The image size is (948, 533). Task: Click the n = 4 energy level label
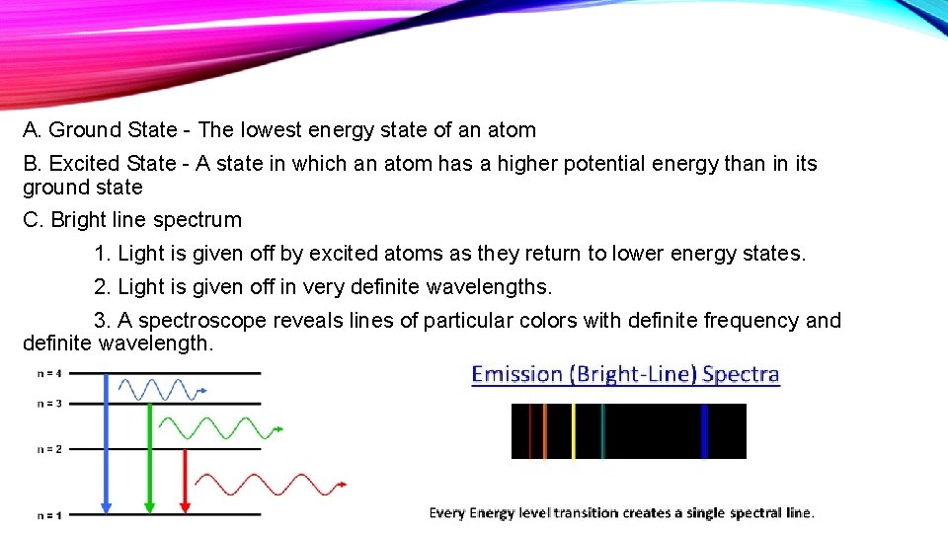tap(48, 373)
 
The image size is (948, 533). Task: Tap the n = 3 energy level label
tap(48, 403)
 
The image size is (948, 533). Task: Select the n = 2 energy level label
tap(48, 449)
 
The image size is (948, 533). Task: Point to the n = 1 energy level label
tap(48, 514)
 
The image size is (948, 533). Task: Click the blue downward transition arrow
tap(106, 444)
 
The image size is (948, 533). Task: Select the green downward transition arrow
tap(149, 459)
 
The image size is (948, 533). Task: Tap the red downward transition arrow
tap(186, 482)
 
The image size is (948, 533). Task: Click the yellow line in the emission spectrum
tap(573, 431)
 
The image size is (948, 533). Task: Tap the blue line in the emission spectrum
tap(704, 431)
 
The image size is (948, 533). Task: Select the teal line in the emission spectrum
tap(602, 431)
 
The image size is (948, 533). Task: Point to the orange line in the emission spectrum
tap(544, 431)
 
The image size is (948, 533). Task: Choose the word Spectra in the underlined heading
tap(741, 374)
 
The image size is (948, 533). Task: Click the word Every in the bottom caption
tap(446, 512)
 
